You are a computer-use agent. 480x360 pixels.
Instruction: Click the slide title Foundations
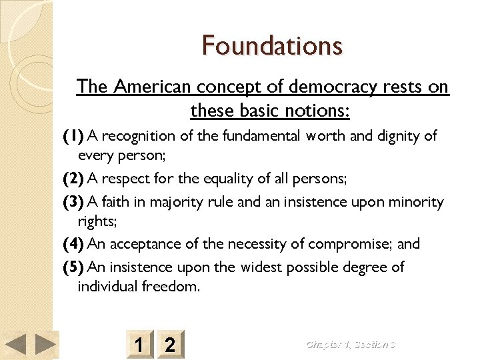pos(272,46)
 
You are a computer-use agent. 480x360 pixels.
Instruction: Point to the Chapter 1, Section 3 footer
pos(351,344)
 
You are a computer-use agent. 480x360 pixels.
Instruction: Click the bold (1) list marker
pos(73,136)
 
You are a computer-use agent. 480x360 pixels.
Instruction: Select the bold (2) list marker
pos(73,179)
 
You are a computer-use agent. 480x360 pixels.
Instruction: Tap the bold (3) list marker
pos(73,202)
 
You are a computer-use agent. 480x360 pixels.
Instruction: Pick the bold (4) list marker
pos(73,244)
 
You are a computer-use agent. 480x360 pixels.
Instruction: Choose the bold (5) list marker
pos(73,267)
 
